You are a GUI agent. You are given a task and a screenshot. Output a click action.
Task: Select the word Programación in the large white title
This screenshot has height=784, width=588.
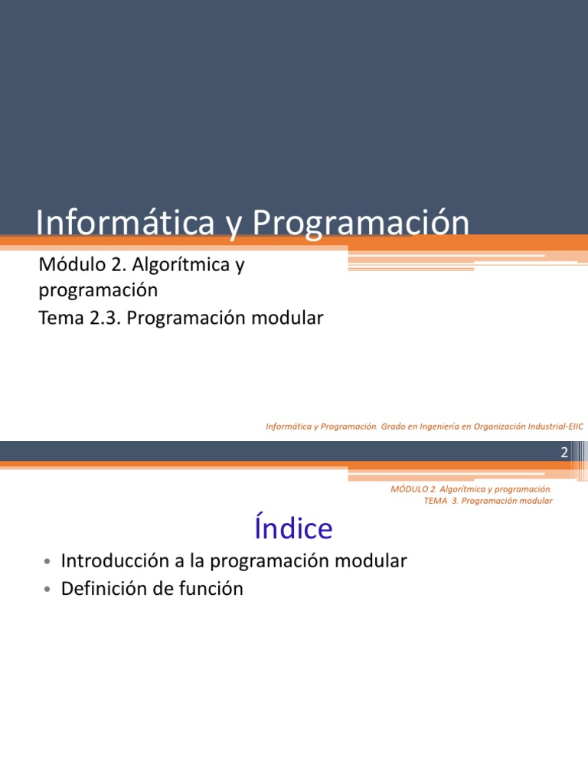(x=361, y=223)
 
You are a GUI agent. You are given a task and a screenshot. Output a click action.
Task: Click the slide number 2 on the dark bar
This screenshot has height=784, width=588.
(x=564, y=452)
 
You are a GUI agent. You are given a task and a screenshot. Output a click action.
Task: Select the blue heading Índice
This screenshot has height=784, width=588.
(x=292, y=528)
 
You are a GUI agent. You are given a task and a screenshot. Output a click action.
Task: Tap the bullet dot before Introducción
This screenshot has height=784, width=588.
(x=47, y=563)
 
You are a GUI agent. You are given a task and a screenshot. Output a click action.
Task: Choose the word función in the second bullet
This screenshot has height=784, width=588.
(x=211, y=589)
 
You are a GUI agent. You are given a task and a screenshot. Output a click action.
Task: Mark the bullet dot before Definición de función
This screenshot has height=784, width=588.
(x=47, y=590)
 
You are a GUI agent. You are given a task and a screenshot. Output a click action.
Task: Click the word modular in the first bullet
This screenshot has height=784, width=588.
(x=371, y=561)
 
